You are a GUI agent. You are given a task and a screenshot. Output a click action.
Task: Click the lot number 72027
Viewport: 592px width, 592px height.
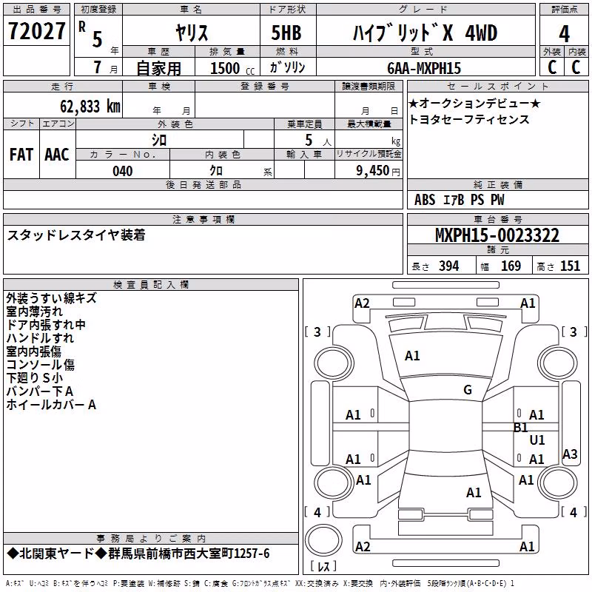pos(36,31)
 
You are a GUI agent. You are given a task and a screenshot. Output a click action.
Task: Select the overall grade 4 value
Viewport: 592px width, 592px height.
pos(564,33)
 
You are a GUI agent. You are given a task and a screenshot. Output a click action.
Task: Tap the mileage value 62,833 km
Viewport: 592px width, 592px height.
pos(90,107)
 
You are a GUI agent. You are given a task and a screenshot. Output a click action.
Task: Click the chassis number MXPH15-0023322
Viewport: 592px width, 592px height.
pos(497,235)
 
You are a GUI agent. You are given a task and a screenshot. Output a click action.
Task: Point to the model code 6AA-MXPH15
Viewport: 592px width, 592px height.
pos(424,68)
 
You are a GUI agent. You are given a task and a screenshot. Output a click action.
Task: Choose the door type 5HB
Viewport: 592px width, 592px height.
pos(286,33)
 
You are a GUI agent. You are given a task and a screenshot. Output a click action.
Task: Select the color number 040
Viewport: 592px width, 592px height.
pos(123,171)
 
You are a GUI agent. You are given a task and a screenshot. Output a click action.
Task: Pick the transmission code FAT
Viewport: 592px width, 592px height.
pos(21,155)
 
